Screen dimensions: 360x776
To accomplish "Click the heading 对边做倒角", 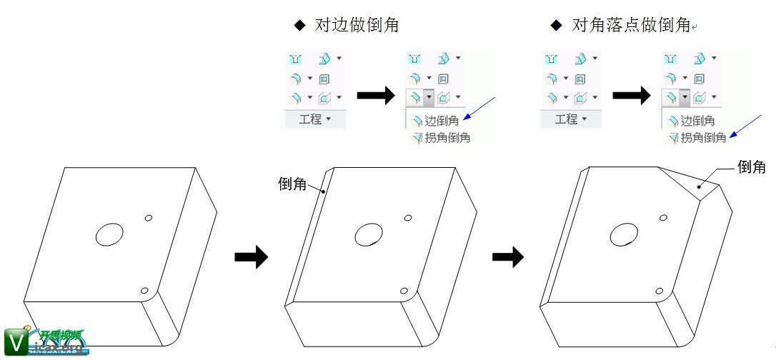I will click(x=356, y=26).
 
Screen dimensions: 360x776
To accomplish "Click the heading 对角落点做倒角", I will click(x=630, y=26).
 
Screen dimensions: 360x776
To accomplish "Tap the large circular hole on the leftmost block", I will click(x=109, y=234).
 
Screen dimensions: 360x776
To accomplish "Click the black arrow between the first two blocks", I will click(x=251, y=256).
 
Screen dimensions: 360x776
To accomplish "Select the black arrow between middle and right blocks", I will click(x=508, y=256).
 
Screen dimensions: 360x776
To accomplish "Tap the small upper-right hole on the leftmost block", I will click(x=149, y=217).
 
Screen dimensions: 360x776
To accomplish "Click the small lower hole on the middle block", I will click(x=404, y=291).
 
